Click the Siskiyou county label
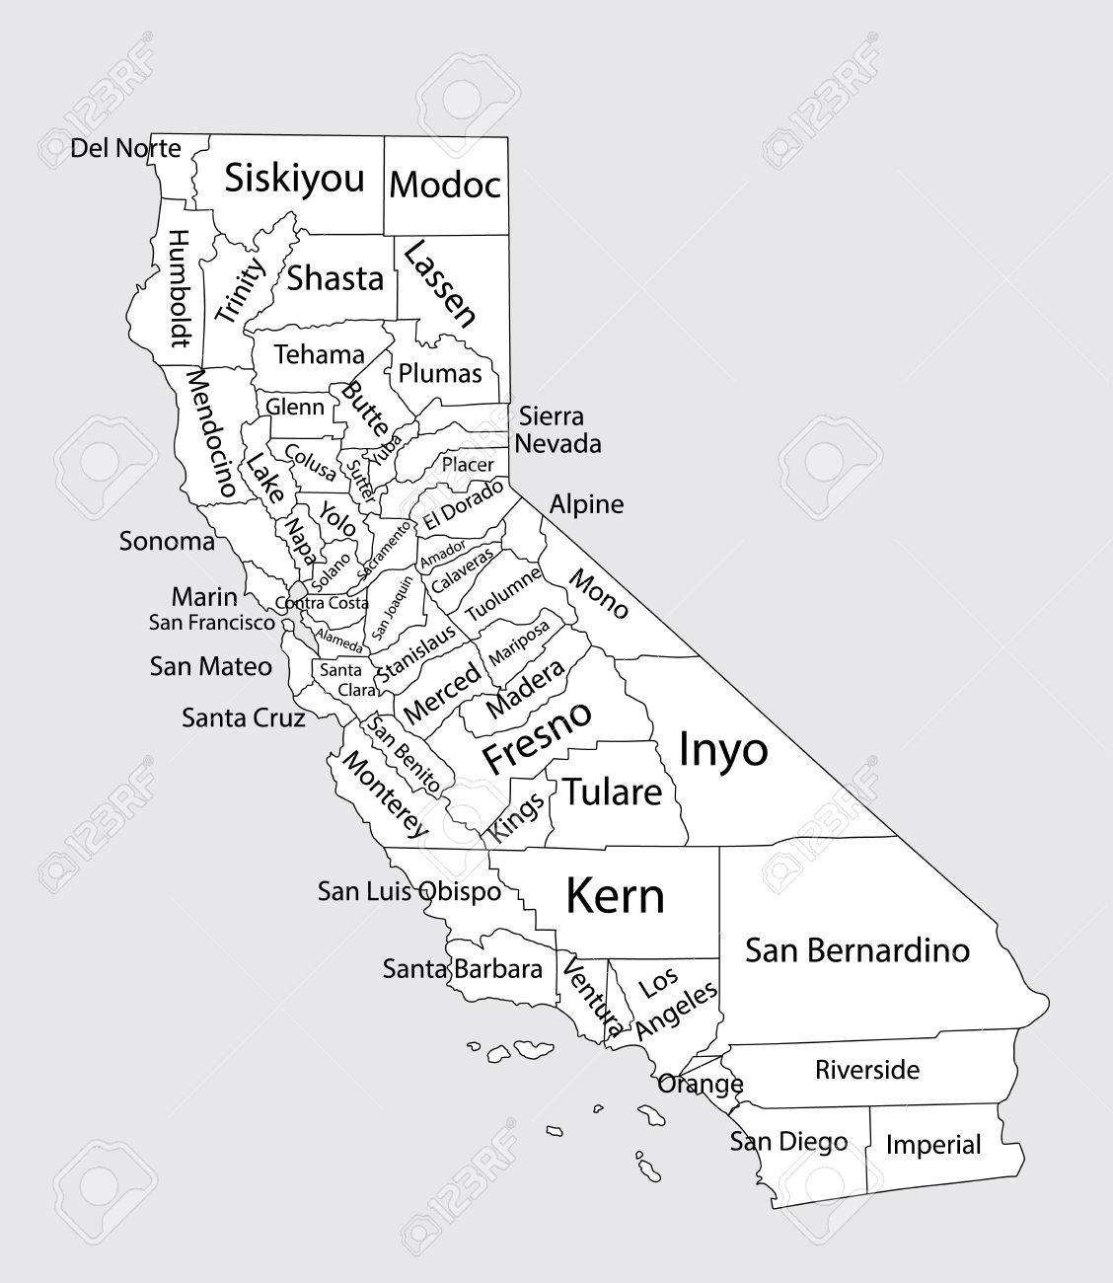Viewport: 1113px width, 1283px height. tap(295, 180)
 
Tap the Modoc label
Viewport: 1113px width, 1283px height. tap(445, 185)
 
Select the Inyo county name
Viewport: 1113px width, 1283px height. tap(723, 750)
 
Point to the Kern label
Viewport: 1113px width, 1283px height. tap(615, 896)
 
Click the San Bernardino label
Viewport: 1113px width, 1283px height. tap(856, 950)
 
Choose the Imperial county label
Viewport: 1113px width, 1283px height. tap(933, 1145)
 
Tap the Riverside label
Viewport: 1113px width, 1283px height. tap(867, 1070)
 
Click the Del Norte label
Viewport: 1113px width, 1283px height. tap(126, 149)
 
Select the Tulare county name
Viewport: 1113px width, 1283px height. tap(612, 792)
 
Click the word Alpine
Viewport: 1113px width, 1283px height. tap(587, 504)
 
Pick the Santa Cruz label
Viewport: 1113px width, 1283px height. tap(243, 717)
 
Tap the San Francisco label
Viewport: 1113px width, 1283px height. tap(212, 623)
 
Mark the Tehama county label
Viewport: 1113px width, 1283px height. tap(319, 354)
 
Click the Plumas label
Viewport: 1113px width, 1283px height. tap(440, 374)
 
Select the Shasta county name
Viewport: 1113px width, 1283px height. tap(334, 279)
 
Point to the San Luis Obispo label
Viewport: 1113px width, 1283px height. tap(408, 891)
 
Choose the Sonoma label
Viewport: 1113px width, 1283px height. tap(167, 541)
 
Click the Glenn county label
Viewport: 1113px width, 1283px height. tap(295, 407)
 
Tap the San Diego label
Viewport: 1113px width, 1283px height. tap(788, 1142)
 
